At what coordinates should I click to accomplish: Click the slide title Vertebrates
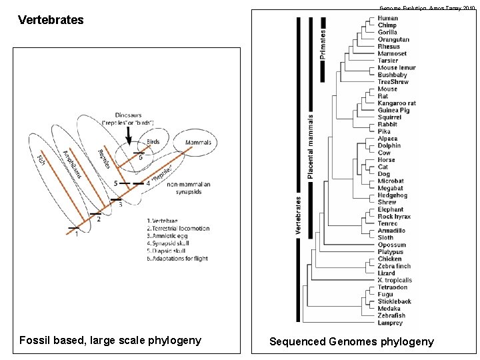click(51, 20)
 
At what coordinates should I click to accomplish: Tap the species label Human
click(388, 18)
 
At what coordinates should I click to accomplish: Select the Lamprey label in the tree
click(390, 323)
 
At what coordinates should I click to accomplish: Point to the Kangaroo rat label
click(397, 103)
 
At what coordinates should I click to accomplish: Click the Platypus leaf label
click(390, 252)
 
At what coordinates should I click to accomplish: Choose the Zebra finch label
click(394, 266)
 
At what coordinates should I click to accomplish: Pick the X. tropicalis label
click(395, 281)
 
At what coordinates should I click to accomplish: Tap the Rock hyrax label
click(395, 217)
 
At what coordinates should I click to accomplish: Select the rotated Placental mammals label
click(311, 145)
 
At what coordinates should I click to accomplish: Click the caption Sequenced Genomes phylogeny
click(351, 341)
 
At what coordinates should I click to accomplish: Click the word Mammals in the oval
click(197, 143)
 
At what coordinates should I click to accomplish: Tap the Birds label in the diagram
click(153, 142)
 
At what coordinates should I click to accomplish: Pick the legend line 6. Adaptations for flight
click(177, 258)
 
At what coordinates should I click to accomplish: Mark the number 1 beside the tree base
click(76, 233)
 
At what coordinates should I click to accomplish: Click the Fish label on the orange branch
click(41, 161)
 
